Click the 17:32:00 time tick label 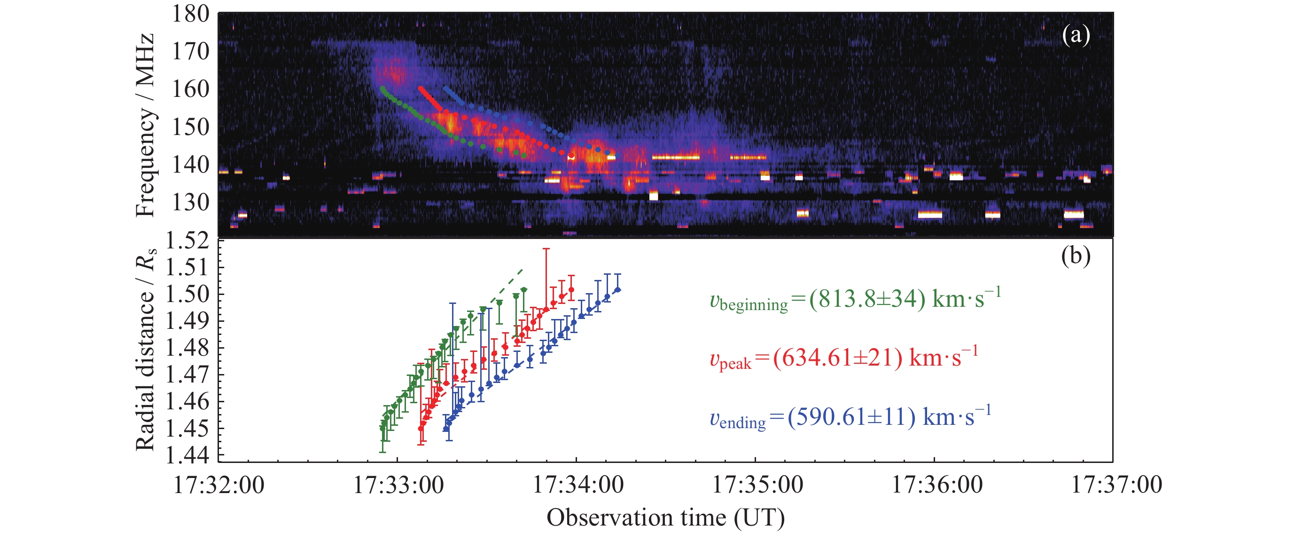[218, 485]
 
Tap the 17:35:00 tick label [757, 485]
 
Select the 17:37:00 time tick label [1116, 485]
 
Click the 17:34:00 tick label [578, 485]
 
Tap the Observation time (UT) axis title [665, 518]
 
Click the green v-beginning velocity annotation [855, 299]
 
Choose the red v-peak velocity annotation [843, 359]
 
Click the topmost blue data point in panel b [618, 289]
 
